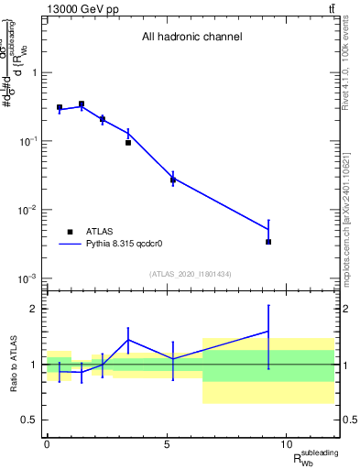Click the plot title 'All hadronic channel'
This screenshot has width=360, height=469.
191,38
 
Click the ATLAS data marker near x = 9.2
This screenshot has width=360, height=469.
268,242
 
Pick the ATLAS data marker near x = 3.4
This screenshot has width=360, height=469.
128,143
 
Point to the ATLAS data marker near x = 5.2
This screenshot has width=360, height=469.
172,180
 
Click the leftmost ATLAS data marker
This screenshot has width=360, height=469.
60,107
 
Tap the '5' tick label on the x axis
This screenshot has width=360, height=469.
167,444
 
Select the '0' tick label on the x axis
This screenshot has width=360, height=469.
47,444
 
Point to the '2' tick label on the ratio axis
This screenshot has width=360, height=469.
35,309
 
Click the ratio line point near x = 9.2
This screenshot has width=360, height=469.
268,332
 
